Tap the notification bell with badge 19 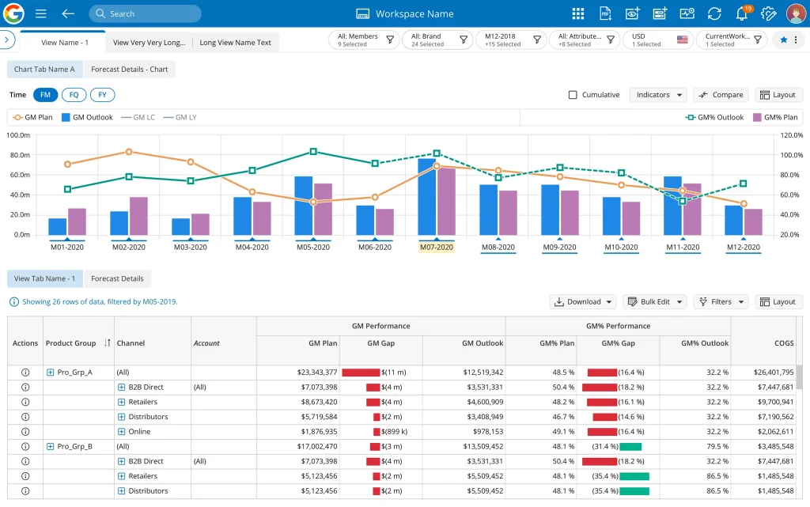pos(741,13)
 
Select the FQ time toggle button pos(74,95)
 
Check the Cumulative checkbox pos(573,95)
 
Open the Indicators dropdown pos(657,95)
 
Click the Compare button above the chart pos(721,95)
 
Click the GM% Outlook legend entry pos(714,117)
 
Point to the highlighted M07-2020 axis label pos(436,247)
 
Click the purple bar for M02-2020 pos(138,216)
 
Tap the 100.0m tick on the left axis pos(18,135)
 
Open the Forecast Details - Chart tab pos(130,70)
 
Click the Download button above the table pos(583,301)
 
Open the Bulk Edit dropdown pos(654,301)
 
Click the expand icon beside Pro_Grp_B pos(51,447)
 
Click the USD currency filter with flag pos(657,40)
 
